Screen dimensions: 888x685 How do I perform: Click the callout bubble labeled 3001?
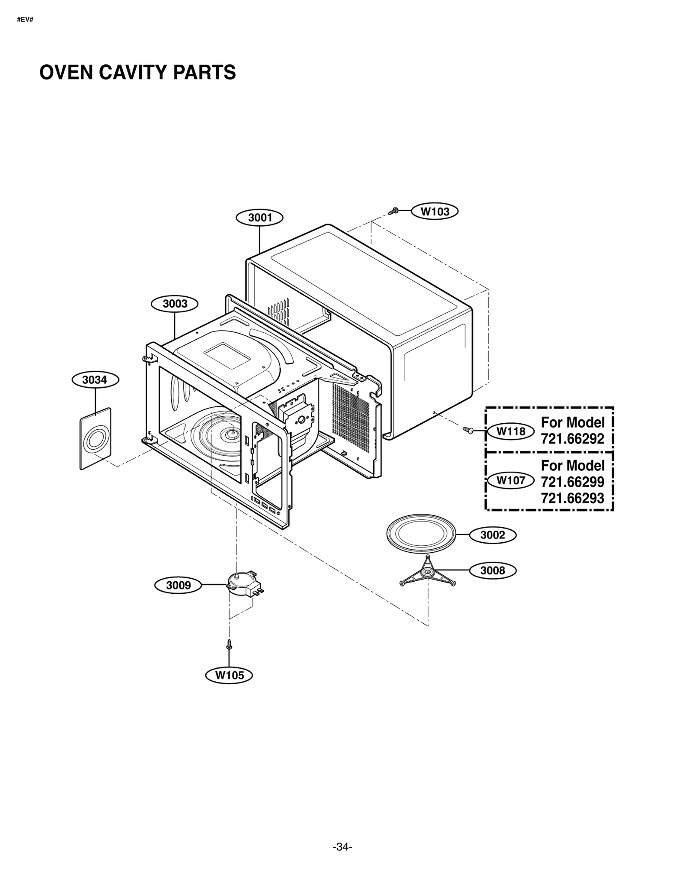(x=259, y=218)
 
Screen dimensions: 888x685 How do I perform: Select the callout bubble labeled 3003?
(x=175, y=304)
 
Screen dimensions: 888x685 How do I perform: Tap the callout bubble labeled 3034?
(x=95, y=380)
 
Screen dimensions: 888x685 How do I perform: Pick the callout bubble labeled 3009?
(x=178, y=585)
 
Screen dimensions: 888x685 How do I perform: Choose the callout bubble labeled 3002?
(x=493, y=535)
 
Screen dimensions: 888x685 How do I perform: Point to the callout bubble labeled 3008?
(x=493, y=571)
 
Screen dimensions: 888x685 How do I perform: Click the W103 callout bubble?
(x=435, y=211)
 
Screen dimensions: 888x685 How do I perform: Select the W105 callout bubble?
(x=229, y=676)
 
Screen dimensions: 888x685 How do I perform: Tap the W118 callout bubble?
(x=511, y=431)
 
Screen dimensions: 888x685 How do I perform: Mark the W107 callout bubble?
(x=511, y=481)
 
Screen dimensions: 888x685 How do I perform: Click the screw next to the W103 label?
(x=393, y=211)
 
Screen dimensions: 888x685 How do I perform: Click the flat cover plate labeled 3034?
(x=95, y=439)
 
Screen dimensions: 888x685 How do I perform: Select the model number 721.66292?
(x=572, y=439)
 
